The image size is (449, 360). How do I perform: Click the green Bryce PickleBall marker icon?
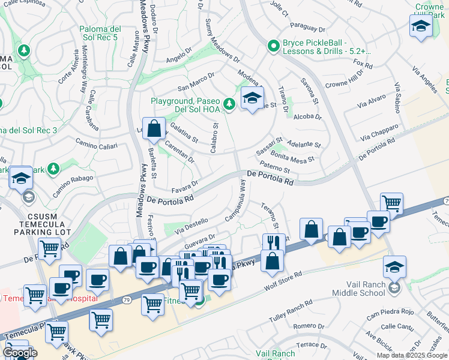point(273,45)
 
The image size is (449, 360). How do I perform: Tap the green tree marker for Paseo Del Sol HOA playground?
point(229,104)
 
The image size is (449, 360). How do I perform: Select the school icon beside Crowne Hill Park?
point(421,27)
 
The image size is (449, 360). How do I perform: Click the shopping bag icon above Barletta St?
point(154,128)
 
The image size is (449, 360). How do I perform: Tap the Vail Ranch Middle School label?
point(358,289)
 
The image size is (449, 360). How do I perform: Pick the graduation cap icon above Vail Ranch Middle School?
point(394,266)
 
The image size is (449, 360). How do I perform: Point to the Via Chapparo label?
point(380,132)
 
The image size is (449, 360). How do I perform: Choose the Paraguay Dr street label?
point(307,28)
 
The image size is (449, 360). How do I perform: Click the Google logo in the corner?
point(20,353)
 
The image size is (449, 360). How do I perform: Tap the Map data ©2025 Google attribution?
point(411,355)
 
